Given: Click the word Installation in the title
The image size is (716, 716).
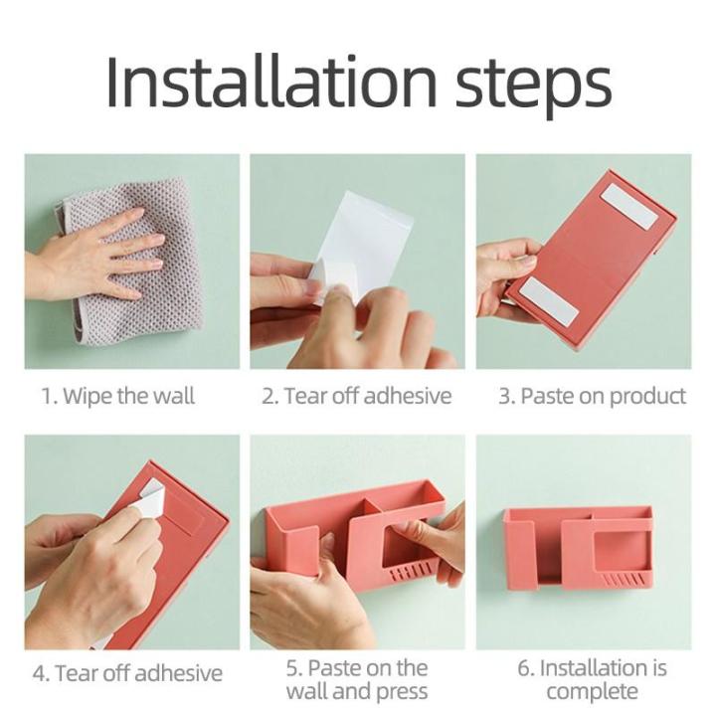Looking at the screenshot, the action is [x=271, y=82].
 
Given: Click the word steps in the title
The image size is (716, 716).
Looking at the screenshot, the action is [x=533, y=88].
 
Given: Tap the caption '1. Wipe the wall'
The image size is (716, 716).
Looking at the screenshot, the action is [x=118, y=396].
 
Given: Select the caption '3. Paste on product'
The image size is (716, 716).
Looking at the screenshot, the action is [x=593, y=396].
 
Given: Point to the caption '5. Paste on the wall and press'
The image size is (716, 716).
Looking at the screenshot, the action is [x=357, y=679].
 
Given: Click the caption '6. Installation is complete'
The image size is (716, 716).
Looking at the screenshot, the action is [x=593, y=679].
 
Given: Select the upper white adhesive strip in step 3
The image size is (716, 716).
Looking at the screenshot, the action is [x=629, y=207].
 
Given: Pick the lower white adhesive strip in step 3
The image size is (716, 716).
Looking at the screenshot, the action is [x=549, y=302].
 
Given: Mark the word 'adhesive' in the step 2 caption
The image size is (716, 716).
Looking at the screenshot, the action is [x=408, y=396].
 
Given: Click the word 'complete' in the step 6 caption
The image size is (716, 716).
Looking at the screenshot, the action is [x=593, y=692].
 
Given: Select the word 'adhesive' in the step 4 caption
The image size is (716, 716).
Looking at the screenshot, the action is [x=179, y=673].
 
